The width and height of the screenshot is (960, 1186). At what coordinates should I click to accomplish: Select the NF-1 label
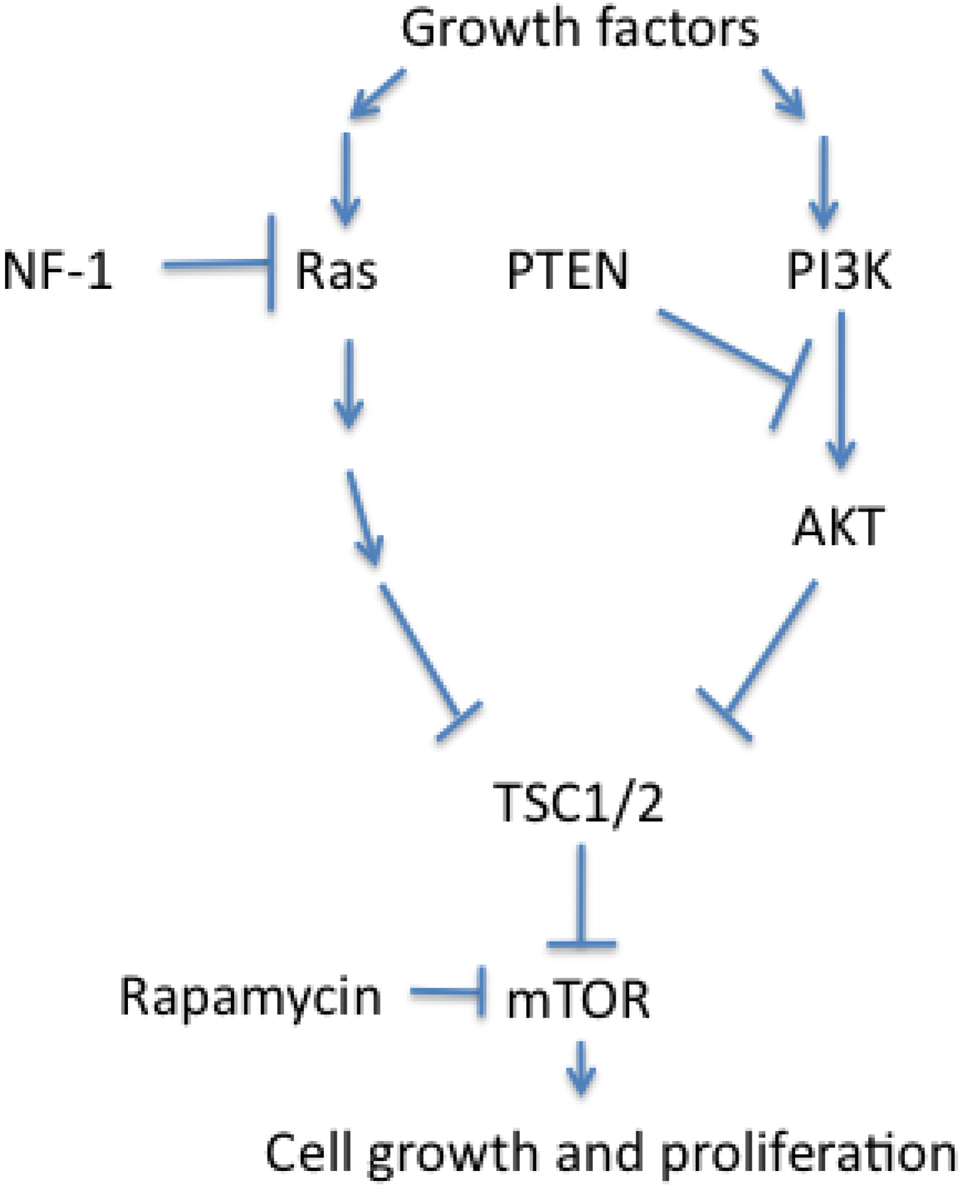(58, 270)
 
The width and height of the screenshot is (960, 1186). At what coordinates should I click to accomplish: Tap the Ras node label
(336, 271)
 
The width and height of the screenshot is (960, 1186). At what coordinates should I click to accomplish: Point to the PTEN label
(567, 270)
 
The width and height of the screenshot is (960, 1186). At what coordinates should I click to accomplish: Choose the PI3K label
(839, 270)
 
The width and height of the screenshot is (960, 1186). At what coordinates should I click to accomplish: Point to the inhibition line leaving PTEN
(724, 343)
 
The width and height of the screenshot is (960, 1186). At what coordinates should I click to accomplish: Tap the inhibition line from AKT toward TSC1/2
(770, 646)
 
